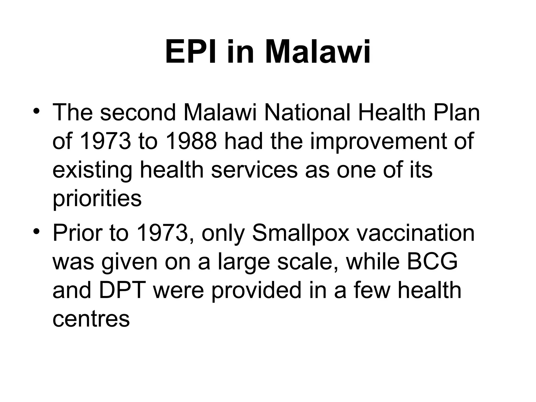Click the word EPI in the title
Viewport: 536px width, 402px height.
click(193, 52)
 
